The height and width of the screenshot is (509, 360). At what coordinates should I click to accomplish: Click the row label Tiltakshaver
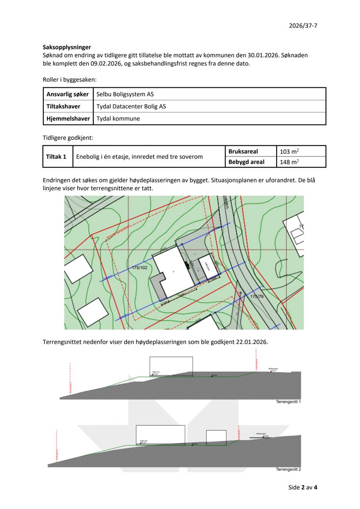[64, 107]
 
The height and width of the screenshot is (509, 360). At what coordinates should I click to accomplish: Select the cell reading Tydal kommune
[118, 119]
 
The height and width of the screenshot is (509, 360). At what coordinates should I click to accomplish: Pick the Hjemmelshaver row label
[68, 119]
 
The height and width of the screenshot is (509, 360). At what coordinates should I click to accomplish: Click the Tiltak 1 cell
[56, 156]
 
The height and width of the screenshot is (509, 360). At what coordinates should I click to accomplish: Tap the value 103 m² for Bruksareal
[289, 151]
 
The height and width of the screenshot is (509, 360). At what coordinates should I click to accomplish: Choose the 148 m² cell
[289, 162]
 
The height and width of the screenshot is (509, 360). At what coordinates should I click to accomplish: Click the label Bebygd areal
[246, 162]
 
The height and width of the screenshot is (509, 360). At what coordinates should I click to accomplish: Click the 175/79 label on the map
[257, 296]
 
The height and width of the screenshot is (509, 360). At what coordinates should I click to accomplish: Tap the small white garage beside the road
[207, 267]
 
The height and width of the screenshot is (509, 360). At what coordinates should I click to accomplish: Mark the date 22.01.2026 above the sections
[251, 341]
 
